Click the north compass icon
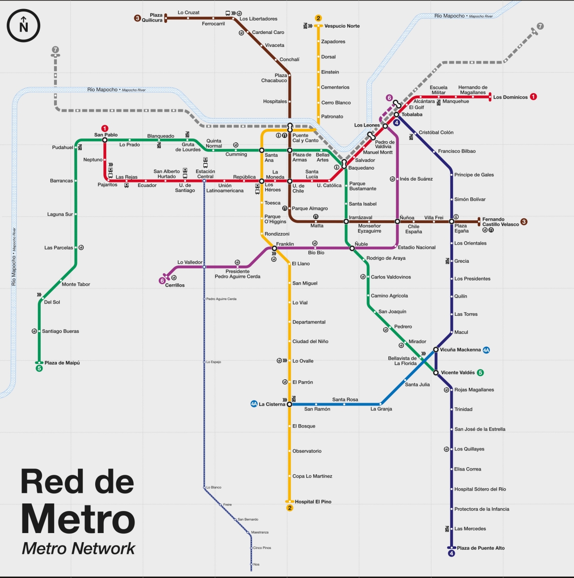click(23, 26)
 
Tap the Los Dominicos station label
click(510, 97)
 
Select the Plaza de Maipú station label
click(62, 363)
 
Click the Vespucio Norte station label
click(342, 26)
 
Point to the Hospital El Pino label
click(313, 502)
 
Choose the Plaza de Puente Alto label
click(480, 548)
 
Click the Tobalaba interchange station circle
click(397, 115)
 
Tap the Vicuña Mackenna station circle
click(436, 350)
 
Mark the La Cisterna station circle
click(289, 404)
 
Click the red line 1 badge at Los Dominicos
click(533, 97)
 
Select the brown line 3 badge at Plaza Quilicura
click(137, 18)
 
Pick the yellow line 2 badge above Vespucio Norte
click(319, 19)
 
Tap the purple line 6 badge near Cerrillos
click(162, 281)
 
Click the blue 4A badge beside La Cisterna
click(254, 404)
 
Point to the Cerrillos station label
click(175, 286)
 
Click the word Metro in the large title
click(78, 519)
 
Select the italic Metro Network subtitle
click(79, 549)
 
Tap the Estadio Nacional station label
click(417, 247)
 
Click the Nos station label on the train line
click(256, 565)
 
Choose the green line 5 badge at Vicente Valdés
click(480, 373)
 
